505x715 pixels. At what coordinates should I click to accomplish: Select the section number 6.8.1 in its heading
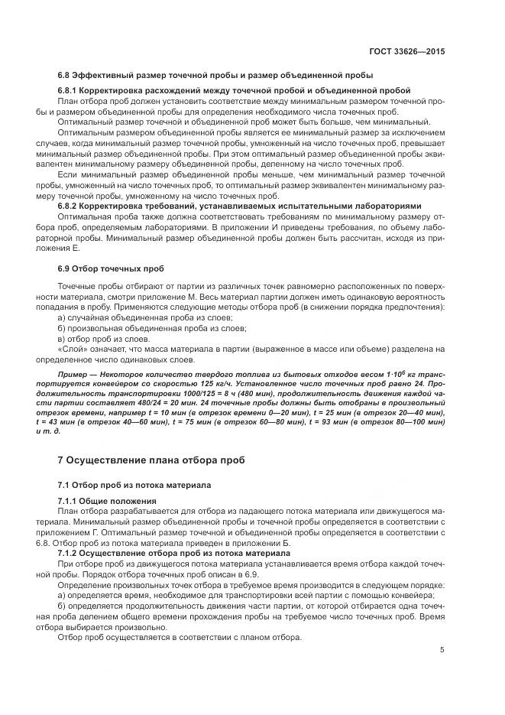pos(70,90)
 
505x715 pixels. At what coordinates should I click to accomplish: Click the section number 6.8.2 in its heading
pos(70,206)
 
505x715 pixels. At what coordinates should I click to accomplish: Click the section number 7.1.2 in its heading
pos(70,552)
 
